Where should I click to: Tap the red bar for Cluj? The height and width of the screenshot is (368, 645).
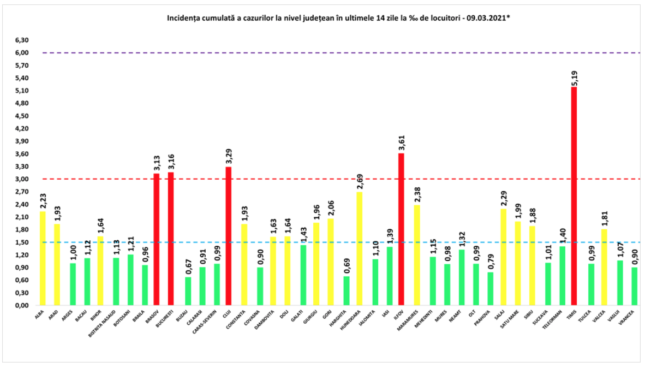point(228,236)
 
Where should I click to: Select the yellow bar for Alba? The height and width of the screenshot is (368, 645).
point(43,258)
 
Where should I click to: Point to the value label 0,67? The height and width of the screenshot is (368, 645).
point(188,268)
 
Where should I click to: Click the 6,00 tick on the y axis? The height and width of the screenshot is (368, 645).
point(21,53)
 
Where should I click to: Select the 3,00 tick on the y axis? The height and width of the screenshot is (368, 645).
point(21,179)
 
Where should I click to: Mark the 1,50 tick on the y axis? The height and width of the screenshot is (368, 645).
point(21,242)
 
